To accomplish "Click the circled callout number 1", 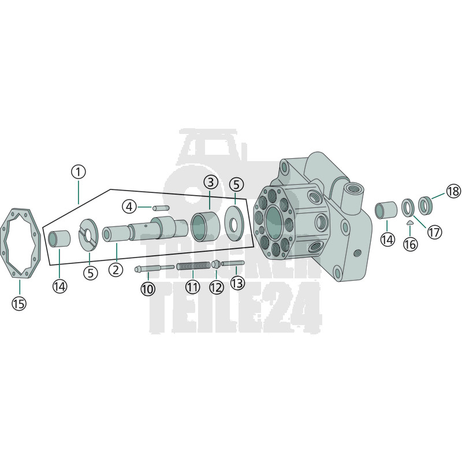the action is click(79, 172).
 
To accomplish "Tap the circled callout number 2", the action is click(115, 269).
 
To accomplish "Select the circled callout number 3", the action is click(210, 182).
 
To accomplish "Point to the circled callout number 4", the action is click(129, 207).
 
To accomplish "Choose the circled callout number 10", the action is click(148, 289).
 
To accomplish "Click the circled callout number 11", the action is click(193, 286).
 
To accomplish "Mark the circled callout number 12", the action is click(217, 287).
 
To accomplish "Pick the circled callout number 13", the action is click(237, 283).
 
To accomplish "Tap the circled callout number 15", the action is click(19, 303).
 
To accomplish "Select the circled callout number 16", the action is click(411, 244).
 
